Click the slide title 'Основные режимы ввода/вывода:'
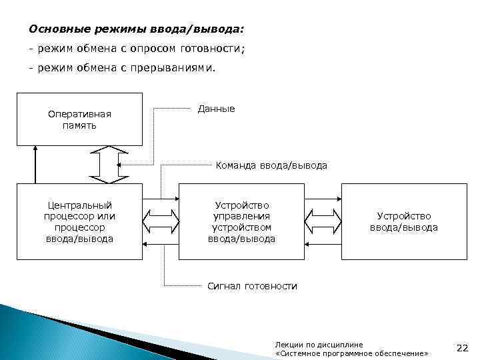137,29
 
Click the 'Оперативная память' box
79,119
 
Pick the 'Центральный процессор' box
79,221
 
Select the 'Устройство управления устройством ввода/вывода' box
241,221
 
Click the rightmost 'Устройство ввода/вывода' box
403,221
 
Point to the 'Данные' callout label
217,109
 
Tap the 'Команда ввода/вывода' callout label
271,165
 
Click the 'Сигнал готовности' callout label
252,286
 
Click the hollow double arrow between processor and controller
160,221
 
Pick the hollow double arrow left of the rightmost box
323,221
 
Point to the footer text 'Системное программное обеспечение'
351,352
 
